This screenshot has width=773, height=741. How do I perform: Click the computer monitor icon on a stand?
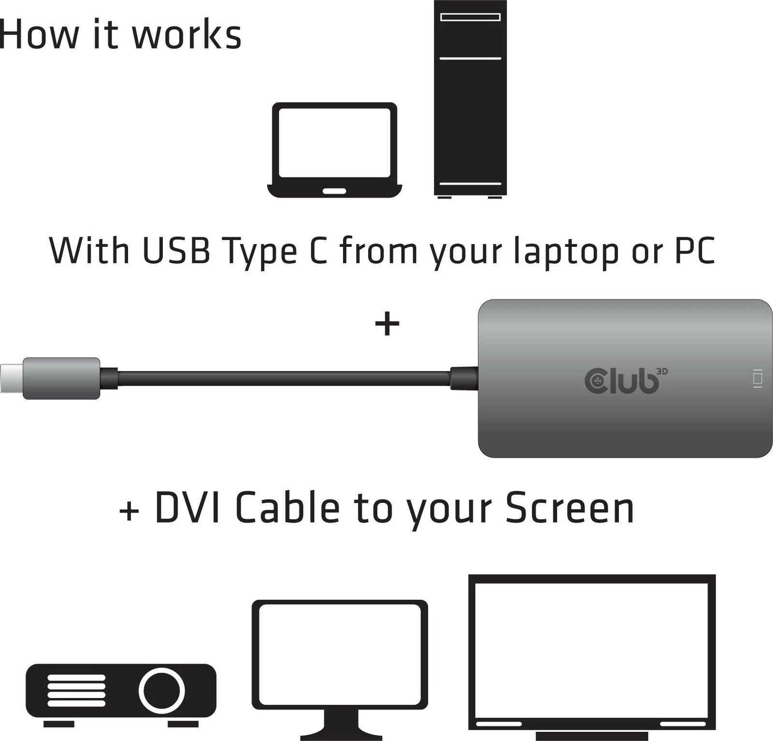pos(340,667)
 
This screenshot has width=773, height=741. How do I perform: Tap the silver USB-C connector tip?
pos(11,378)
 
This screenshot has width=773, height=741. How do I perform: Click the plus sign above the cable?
pos(387,324)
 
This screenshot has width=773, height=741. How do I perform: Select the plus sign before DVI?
pos(129,511)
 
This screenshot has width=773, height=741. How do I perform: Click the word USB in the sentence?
pos(176,250)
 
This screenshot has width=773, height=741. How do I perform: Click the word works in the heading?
pos(186,35)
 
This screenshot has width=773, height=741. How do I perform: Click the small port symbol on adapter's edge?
pos(758,378)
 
